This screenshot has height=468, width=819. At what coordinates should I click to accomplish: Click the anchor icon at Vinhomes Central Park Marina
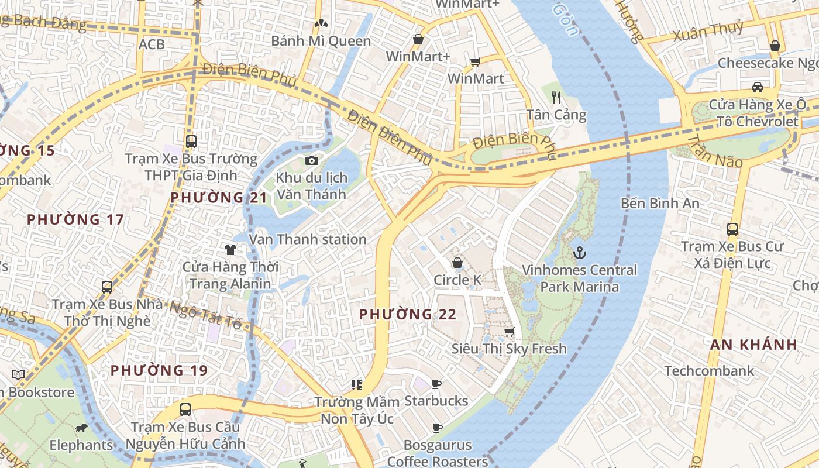point(579,253)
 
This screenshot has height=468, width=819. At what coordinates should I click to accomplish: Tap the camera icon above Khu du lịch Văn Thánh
point(312,160)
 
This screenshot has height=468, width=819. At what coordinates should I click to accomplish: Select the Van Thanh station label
point(308,239)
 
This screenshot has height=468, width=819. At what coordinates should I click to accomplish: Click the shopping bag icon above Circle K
point(457,263)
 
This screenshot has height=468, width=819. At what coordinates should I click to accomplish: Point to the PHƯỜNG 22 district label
point(408,314)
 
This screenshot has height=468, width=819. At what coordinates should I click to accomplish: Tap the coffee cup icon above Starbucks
point(436,384)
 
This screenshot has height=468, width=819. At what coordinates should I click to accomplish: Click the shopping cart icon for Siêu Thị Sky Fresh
point(509,332)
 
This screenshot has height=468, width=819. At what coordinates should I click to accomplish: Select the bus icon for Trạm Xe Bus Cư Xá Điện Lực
point(732,229)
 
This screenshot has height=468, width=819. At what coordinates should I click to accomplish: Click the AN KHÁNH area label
point(754,345)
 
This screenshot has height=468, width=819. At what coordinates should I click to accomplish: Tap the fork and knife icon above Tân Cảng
point(556,98)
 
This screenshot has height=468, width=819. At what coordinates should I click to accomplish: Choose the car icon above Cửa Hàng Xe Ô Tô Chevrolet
point(757,87)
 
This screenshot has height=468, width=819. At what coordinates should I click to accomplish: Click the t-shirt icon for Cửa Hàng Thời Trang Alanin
point(230,250)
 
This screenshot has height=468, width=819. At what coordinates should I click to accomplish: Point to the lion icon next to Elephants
point(81,428)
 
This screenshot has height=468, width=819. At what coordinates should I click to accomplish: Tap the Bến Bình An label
point(660,204)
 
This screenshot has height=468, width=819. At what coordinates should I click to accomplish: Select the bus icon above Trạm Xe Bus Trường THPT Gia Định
point(191,141)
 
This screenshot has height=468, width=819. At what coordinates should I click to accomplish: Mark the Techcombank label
point(709,371)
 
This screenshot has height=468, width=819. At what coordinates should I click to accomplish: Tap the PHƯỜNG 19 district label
point(159,370)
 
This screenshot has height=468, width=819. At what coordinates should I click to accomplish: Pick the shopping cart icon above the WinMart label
point(475,61)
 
